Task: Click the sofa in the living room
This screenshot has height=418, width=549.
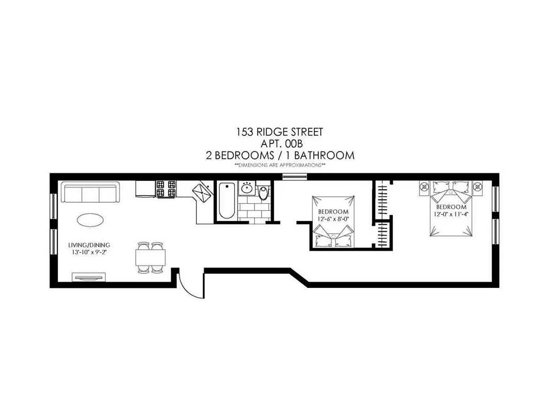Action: [x=91, y=193]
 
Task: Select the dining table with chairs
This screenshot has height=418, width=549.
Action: [x=150, y=257]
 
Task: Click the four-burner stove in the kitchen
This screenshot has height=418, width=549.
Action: [x=167, y=189]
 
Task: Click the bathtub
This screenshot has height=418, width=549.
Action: [x=227, y=201]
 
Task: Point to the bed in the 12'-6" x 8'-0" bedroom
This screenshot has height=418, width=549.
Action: [x=333, y=222]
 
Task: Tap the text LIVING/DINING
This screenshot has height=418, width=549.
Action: [x=89, y=245]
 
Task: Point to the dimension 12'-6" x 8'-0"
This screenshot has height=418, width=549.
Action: [x=333, y=219]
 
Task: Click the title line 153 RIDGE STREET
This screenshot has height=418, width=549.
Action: [x=280, y=133]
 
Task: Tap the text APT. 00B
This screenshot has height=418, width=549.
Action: [x=280, y=144]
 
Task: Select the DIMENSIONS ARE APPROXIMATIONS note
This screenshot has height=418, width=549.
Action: [x=280, y=165]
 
